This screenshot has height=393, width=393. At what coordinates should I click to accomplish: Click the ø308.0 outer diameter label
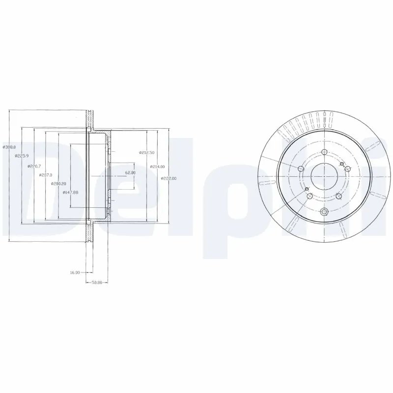[x=9, y=147]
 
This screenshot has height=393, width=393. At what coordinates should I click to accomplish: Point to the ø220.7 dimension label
[x=33, y=167]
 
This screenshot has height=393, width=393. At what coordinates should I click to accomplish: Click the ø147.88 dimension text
[x=71, y=192]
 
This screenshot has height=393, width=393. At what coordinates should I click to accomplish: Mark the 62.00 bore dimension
[x=130, y=173]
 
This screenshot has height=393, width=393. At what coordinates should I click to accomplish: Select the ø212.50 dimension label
[x=147, y=153]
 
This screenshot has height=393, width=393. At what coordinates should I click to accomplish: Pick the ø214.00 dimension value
[x=158, y=167]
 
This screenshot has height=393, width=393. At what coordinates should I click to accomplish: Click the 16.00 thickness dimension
[x=75, y=272]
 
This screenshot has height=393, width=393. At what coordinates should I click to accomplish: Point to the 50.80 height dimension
[x=97, y=282]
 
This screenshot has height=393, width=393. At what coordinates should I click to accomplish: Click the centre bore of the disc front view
[x=324, y=174]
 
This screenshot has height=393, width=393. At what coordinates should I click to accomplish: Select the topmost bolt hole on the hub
[x=324, y=151]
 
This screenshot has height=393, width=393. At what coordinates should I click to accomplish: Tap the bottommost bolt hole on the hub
[x=324, y=212]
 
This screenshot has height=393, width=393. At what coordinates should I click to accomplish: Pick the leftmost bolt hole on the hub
[x=301, y=169]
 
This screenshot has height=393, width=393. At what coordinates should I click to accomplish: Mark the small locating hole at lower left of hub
[x=306, y=189]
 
